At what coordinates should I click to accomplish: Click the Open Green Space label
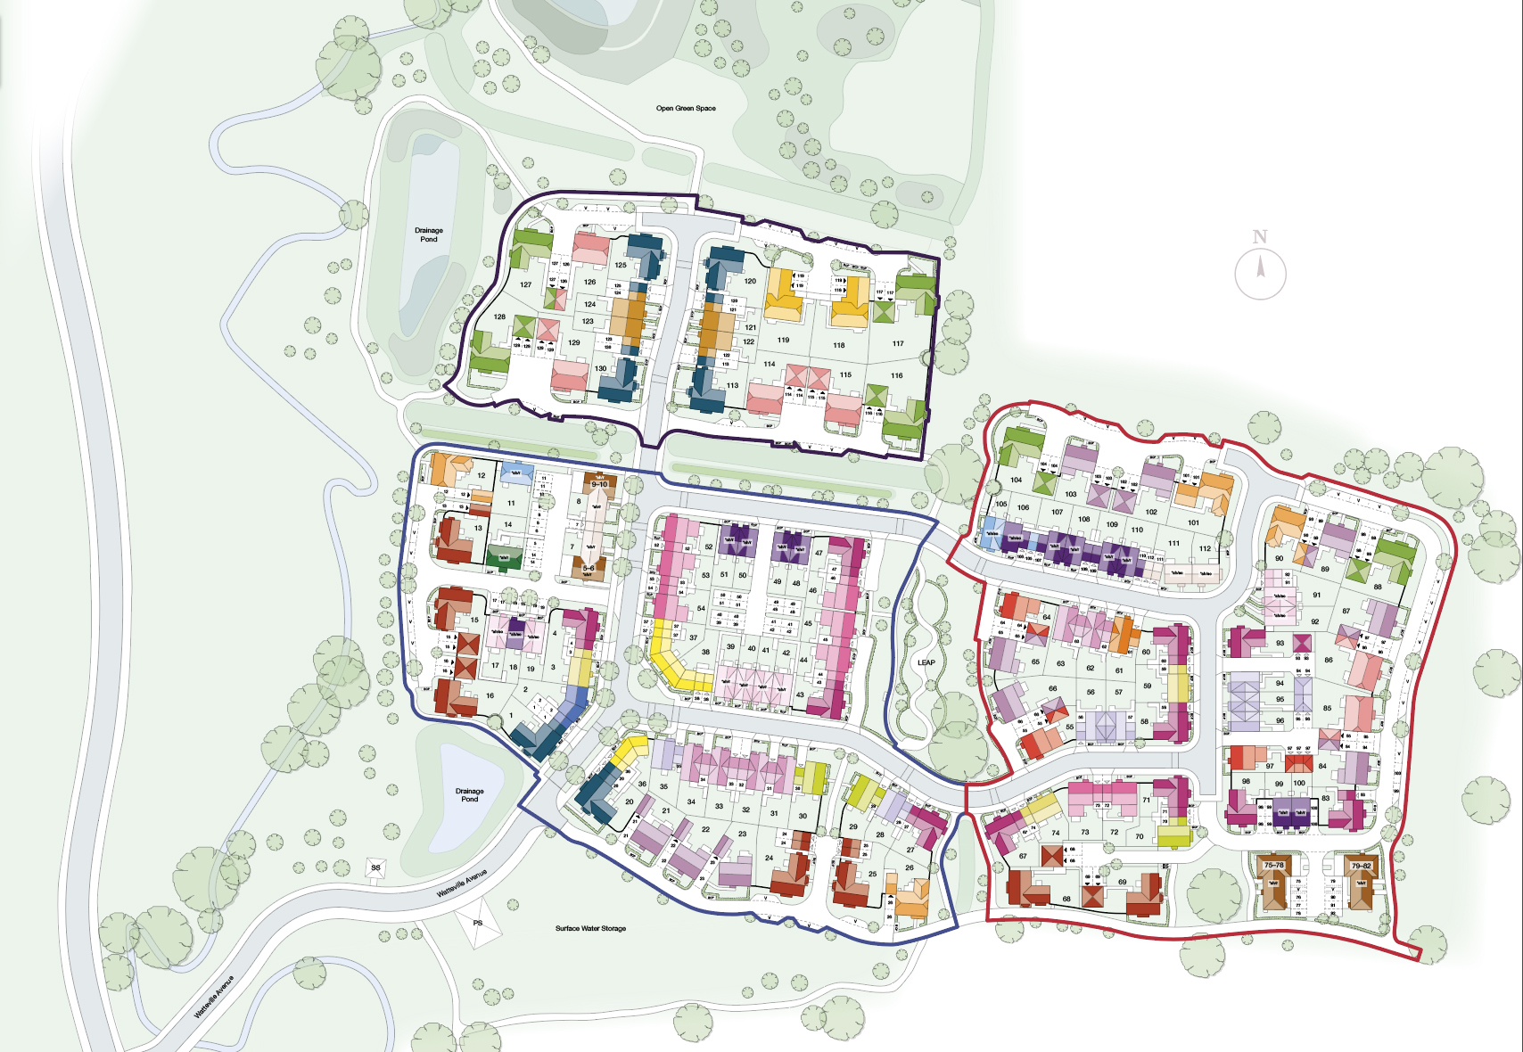coord(686,109)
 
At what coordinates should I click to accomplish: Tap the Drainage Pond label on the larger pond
coord(429,234)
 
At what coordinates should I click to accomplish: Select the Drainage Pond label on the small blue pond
coord(469,794)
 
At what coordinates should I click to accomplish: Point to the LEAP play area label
coord(926,662)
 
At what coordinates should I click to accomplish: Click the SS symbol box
coord(375,867)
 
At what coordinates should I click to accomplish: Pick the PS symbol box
coord(478,923)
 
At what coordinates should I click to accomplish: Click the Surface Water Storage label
coord(590,928)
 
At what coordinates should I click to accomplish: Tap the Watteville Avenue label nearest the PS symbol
coord(462,883)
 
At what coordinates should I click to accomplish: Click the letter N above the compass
coord(1259,237)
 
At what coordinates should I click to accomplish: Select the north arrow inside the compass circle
coord(1260,267)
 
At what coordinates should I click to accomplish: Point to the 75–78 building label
coord(1273,865)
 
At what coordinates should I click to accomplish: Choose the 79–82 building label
coord(1361,865)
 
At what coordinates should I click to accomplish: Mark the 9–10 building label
coord(599,485)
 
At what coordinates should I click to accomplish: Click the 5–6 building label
coord(589,568)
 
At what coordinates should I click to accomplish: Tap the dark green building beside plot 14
coord(505,558)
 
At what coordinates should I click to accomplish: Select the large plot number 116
coord(896,375)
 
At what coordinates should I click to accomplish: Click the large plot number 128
coord(499,316)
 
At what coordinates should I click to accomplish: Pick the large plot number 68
coord(1066,899)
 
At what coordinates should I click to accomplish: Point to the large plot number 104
coord(1016,480)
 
